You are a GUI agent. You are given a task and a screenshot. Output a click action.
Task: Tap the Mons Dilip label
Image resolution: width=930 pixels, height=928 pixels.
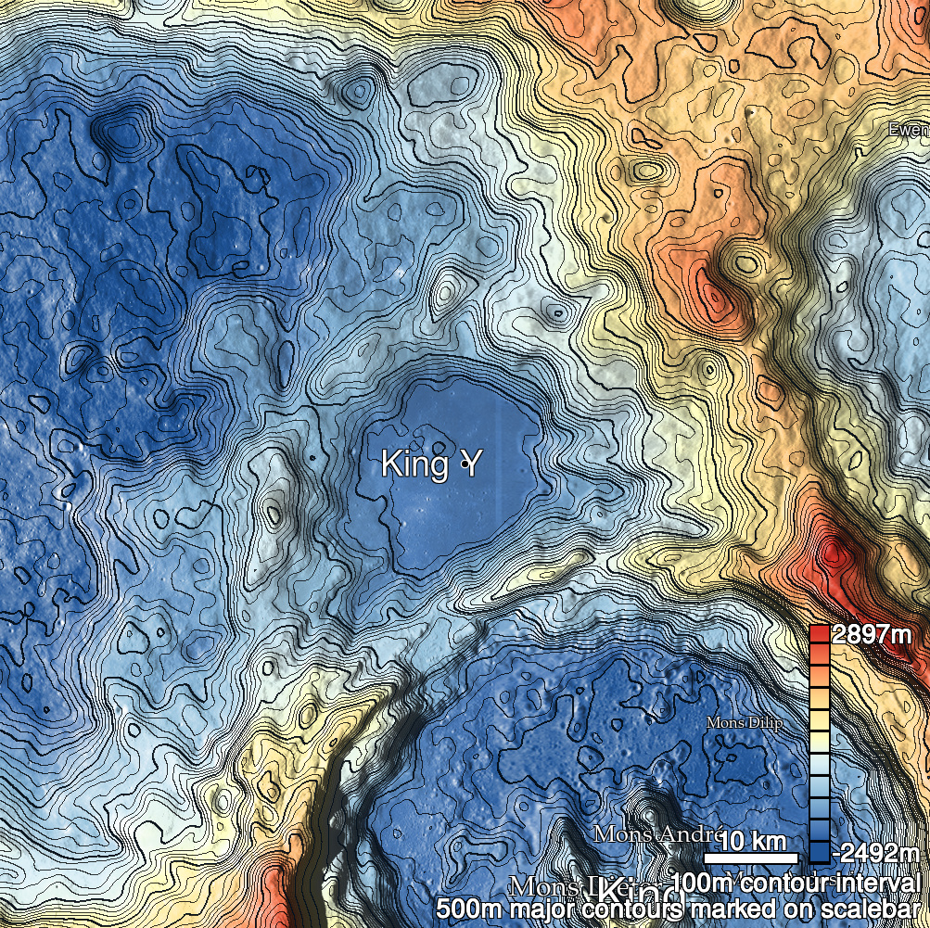744,723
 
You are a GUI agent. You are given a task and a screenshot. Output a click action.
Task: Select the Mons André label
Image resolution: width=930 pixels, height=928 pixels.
656,833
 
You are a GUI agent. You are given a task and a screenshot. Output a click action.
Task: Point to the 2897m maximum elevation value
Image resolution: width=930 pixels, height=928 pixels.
872,635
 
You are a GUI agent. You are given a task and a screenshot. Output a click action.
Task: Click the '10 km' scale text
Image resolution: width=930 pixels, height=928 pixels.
754,841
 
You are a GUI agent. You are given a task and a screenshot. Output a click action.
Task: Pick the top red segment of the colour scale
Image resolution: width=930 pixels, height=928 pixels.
819,634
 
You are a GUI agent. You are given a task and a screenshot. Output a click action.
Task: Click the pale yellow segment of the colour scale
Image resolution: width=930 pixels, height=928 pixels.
819,721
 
